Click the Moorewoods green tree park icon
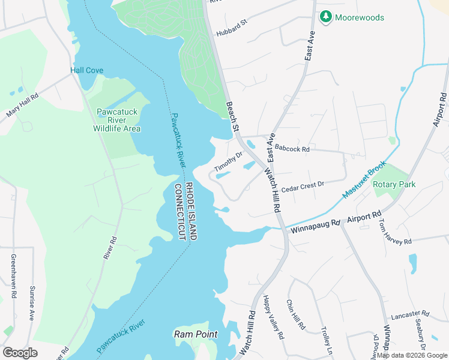tap(326, 17)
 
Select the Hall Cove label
tap(86, 70)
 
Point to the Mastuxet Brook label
tap(364, 179)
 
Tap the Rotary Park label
tap(394, 185)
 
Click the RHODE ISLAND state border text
tap(189, 211)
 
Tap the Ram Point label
tap(195, 334)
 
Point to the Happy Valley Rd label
tap(273, 318)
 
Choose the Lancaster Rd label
tap(410, 314)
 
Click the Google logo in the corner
tap(20, 352)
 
